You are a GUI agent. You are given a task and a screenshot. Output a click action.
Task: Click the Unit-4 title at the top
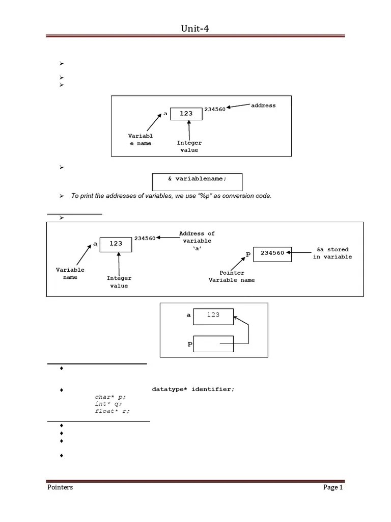pos(195,29)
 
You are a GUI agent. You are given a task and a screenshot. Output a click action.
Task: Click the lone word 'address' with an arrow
pos(263,106)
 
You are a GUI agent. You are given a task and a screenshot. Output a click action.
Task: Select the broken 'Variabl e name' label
pos(141,140)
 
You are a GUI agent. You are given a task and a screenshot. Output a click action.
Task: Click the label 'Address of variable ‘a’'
pos(197,241)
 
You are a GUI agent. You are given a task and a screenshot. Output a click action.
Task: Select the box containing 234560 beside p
pos(272,253)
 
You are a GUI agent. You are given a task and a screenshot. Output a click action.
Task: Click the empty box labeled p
pos(213,344)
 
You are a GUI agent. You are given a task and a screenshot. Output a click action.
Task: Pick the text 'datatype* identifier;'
pos(193,389)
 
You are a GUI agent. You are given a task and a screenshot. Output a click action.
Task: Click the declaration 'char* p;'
pos(110,397)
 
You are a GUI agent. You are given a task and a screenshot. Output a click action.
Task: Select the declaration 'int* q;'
pos(108,404)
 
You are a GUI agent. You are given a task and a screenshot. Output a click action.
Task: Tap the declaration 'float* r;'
pos(112,411)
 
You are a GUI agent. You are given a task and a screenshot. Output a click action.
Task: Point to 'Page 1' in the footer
pos(333,487)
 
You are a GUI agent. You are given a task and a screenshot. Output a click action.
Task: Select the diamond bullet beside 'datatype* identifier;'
pos(61,390)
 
